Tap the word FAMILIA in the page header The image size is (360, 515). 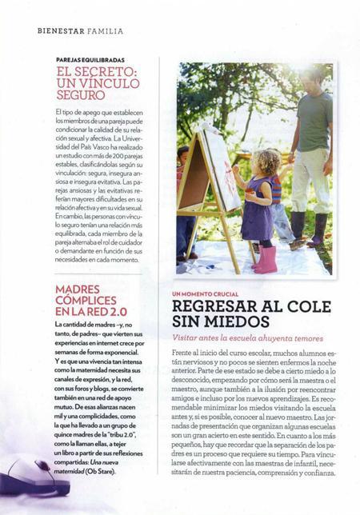pos(107,31)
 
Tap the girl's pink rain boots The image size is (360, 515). pos(264,257)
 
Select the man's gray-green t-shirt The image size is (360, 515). pos(314,120)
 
